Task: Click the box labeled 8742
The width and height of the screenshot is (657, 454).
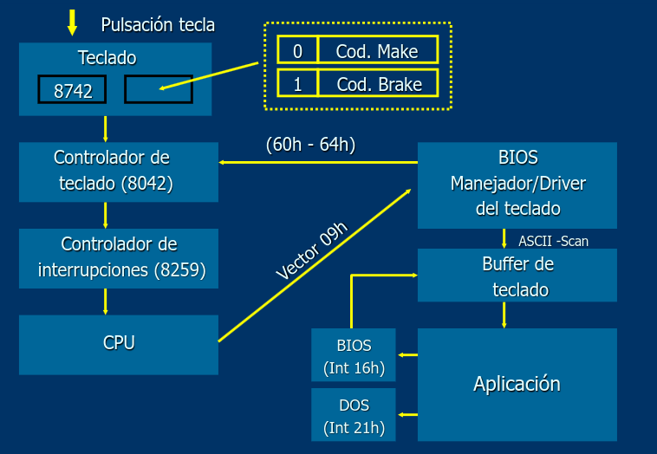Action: pos(72,89)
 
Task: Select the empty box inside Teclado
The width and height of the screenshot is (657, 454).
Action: pos(158,89)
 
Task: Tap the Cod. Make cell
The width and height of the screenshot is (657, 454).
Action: pos(377,50)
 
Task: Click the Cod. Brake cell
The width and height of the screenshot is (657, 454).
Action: pos(377,83)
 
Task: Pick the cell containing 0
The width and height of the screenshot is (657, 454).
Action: pos(297,50)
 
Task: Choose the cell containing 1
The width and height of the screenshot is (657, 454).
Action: pos(297,83)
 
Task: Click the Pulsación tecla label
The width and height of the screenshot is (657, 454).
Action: pos(158,24)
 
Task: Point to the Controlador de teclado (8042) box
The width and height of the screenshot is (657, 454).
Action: pos(118,172)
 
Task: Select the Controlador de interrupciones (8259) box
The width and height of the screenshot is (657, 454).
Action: pos(118,257)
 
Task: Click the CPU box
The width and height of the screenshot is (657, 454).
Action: pos(118,344)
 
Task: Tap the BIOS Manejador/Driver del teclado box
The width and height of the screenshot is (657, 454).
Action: pos(517,184)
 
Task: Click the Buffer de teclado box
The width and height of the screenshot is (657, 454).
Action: pos(517,276)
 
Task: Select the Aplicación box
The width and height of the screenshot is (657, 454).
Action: pos(517,384)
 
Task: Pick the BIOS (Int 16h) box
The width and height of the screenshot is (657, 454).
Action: pos(354,355)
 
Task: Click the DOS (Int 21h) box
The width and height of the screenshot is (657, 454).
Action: pos(354,415)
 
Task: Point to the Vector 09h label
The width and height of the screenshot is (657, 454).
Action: pos(312,251)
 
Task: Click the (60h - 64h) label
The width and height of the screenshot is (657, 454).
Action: pos(310,144)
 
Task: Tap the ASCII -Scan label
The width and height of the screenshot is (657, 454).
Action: pos(553,241)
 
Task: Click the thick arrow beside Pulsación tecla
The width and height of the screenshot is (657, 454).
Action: pos(72,23)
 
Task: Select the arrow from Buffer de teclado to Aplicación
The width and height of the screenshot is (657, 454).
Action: pos(504,315)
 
